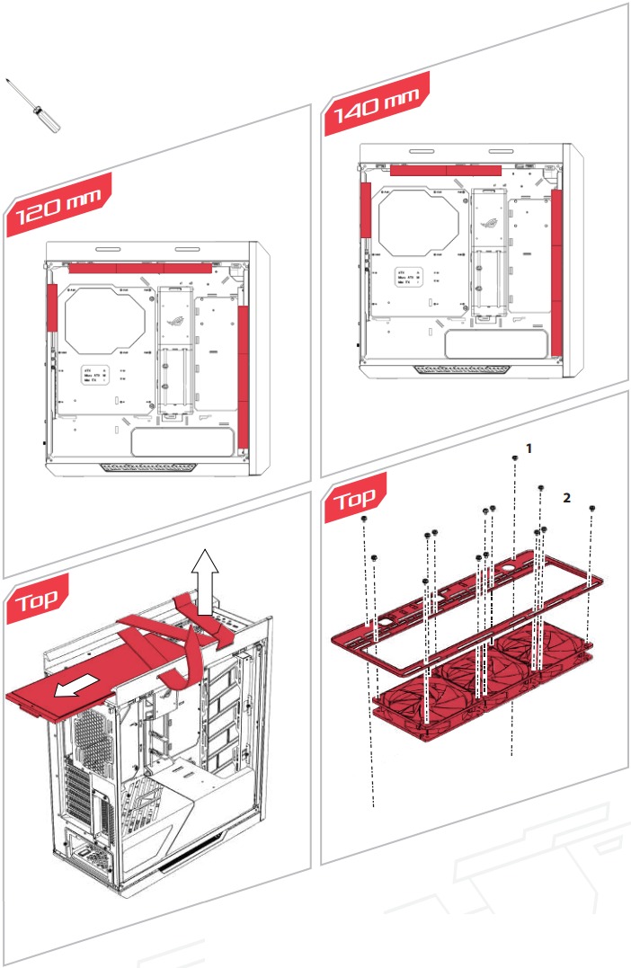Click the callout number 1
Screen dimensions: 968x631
[529, 448]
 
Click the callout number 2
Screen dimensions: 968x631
[566, 497]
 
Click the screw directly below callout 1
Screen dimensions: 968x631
[514, 458]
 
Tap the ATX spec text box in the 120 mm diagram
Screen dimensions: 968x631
[96, 375]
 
